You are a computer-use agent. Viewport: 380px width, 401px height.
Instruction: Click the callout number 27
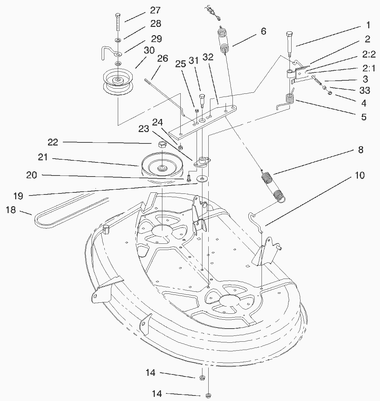click(x=155, y=10)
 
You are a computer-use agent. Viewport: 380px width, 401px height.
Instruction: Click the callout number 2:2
click(x=369, y=54)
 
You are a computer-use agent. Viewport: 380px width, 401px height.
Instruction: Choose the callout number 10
click(x=360, y=176)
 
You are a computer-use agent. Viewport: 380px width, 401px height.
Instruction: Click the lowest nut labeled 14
click(x=208, y=395)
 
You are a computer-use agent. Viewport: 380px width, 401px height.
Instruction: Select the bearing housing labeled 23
click(x=202, y=162)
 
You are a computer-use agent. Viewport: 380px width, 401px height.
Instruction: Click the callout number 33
click(x=364, y=91)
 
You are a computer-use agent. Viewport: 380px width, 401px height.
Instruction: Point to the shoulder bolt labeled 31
click(x=202, y=101)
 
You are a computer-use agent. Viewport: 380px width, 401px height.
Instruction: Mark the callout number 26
click(x=163, y=59)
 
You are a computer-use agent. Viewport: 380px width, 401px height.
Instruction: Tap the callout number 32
click(x=208, y=57)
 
